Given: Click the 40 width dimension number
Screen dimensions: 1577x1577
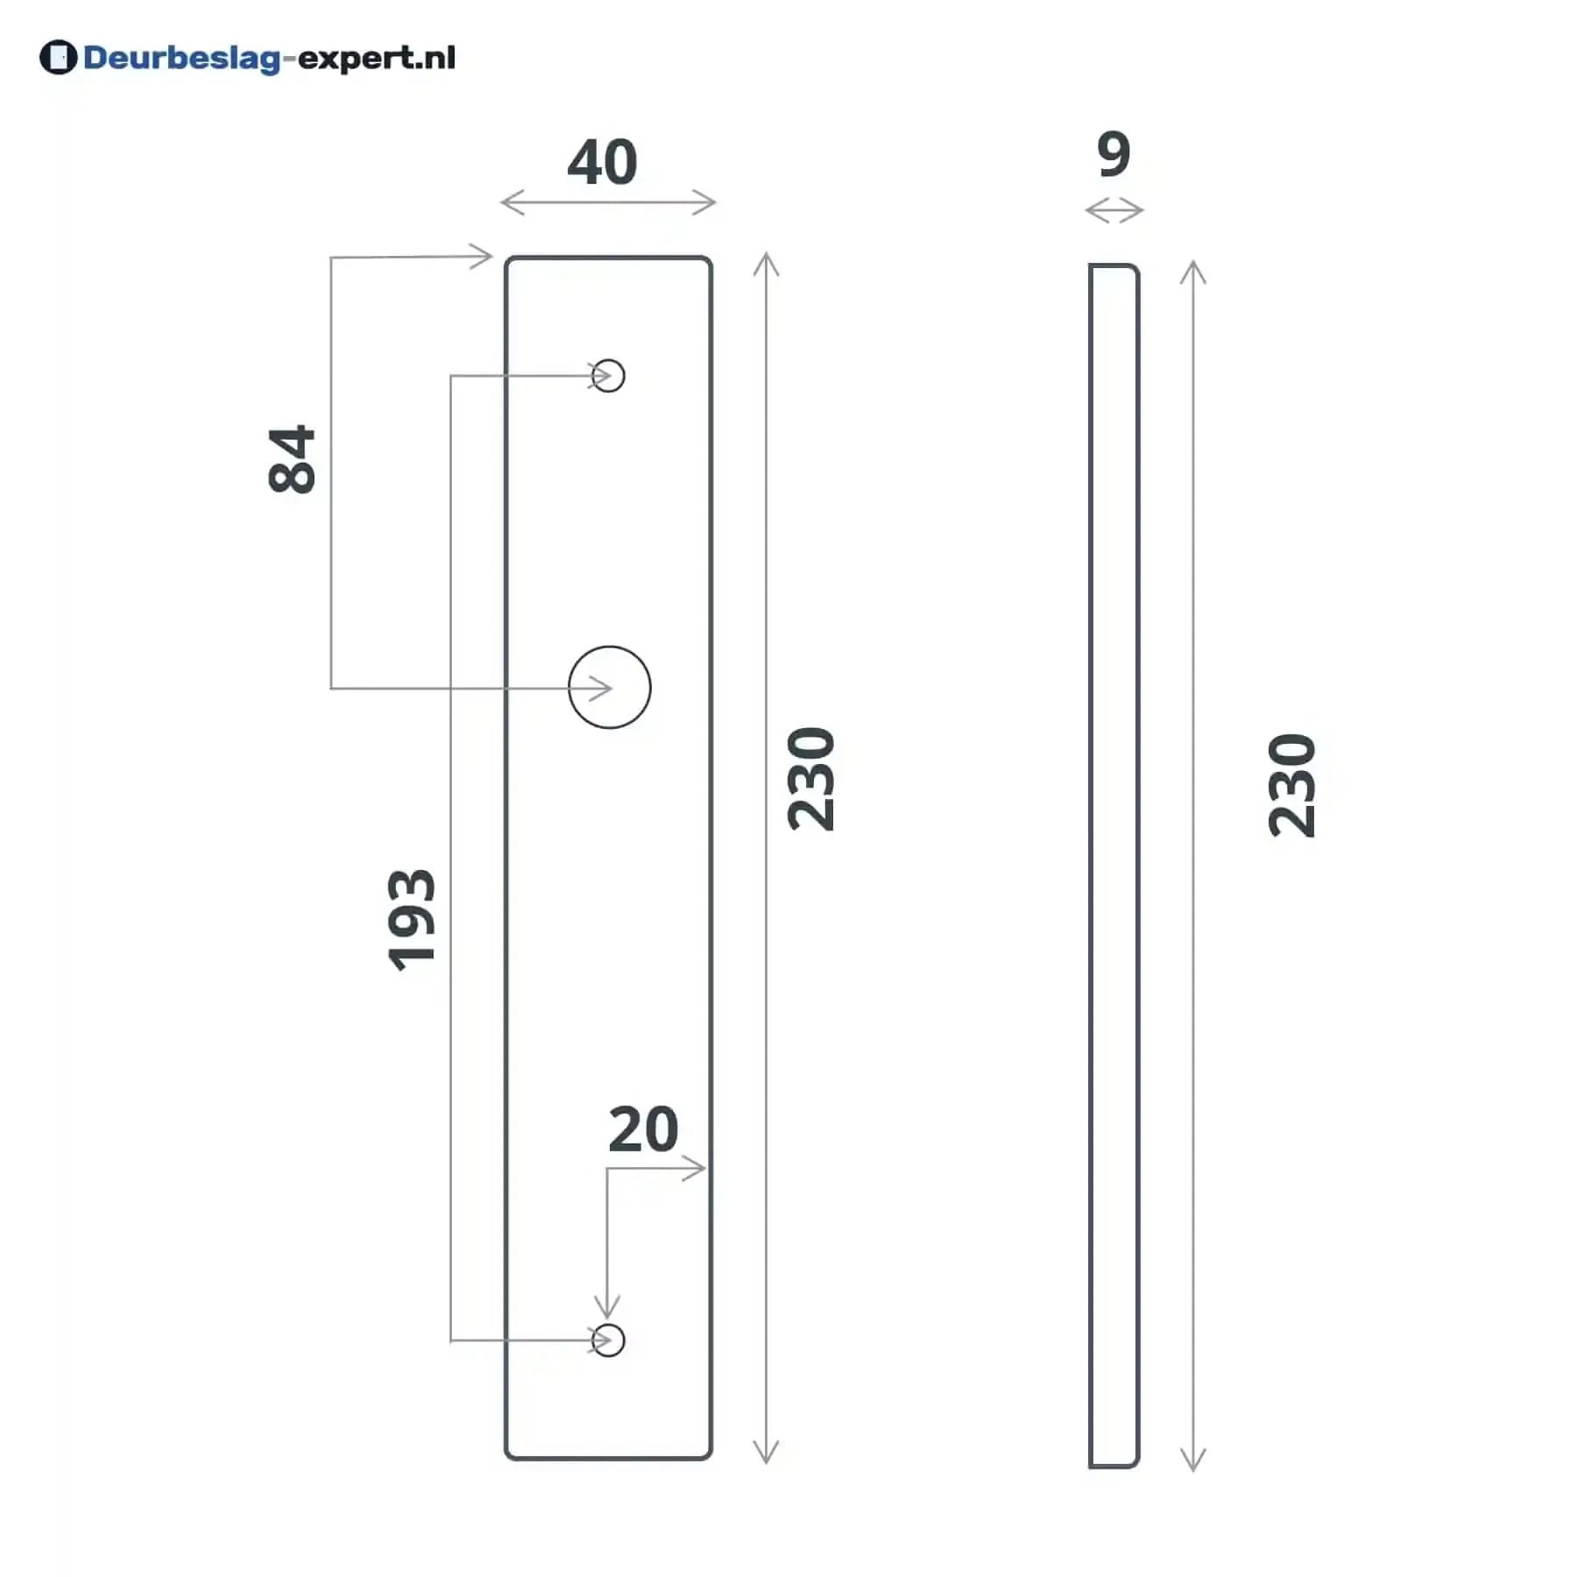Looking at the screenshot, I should coord(602,162).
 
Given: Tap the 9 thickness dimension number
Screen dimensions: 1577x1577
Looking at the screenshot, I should coord(1114,154).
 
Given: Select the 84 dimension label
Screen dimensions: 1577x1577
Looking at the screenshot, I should coord(292,460).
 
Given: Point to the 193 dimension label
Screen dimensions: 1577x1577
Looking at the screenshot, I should coord(411,920).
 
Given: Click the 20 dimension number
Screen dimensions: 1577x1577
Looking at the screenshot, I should coord(643,1129).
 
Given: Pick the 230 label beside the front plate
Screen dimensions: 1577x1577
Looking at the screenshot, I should coord(811,779).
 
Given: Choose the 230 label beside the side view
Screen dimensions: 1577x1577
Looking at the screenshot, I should coord(1292,786).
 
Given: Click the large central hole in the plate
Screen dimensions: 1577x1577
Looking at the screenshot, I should coord(610,688).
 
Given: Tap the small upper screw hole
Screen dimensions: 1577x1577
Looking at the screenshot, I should coord(609,376).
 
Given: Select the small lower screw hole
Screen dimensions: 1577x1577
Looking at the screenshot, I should coord(609,1340).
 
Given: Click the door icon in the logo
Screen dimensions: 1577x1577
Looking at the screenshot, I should coord(59,58).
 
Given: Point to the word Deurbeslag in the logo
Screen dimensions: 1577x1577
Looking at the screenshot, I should coord(181,59).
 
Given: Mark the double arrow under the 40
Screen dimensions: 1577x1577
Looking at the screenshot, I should coord(608,202).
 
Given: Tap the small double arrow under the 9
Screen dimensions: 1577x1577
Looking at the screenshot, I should coord(1114,210).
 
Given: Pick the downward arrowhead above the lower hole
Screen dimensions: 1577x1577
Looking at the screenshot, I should coord(607,1307).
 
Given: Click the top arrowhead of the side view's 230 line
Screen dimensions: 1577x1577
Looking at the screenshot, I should coord(1193,272).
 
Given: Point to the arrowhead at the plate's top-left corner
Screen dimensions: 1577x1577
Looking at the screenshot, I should coord(482,257).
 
